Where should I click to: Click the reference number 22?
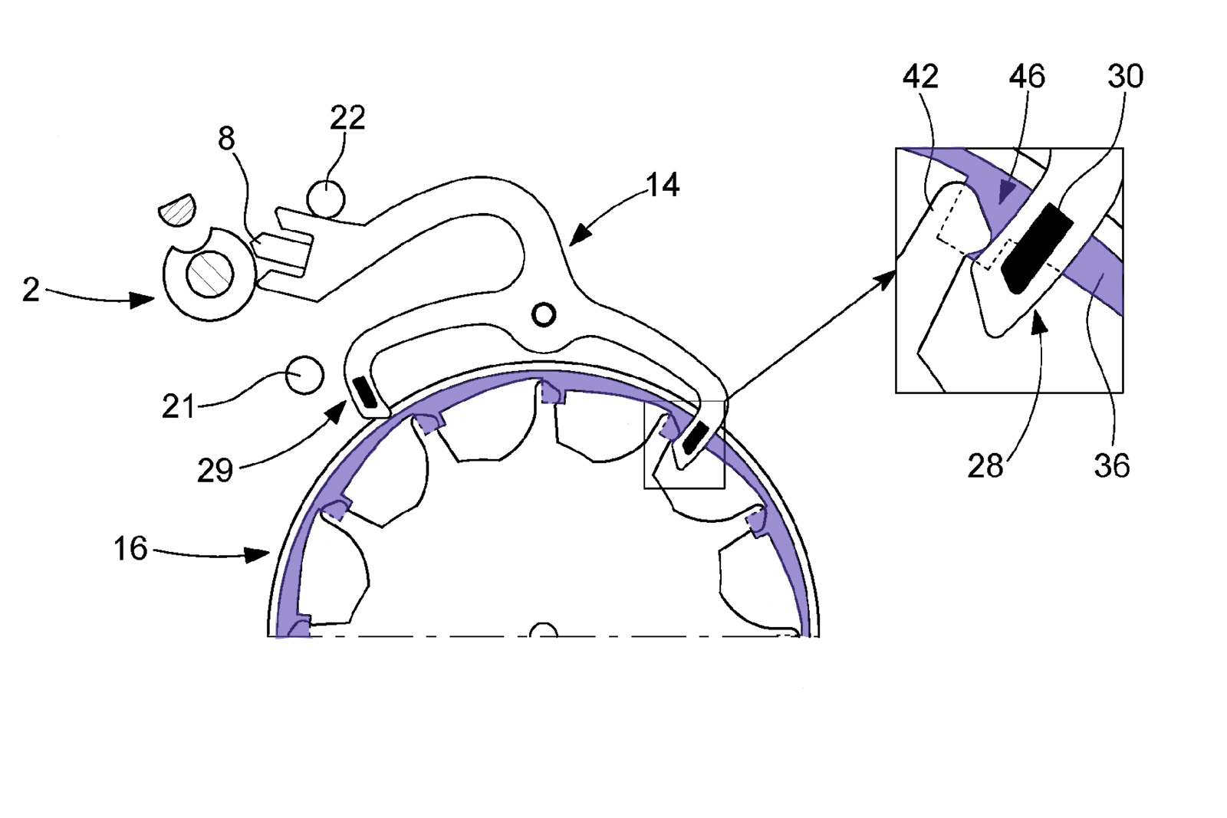[x=347, y=118]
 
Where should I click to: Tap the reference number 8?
[x=226, y=139]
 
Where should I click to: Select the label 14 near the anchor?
[x=663, y=185]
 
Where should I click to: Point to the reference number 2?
[x=31, y=289]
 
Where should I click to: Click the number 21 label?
[x=179, y=406]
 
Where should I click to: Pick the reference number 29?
[x=215, y=470]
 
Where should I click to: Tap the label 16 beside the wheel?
[x=130, y=548]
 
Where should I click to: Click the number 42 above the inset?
[x=920, y=77]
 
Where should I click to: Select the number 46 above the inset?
[x=1027, y=77]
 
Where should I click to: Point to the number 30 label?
[x=1126, y=77]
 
